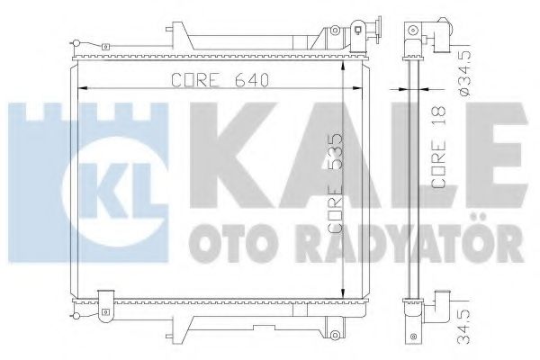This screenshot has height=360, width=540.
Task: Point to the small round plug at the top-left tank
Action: tap(78, 41)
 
